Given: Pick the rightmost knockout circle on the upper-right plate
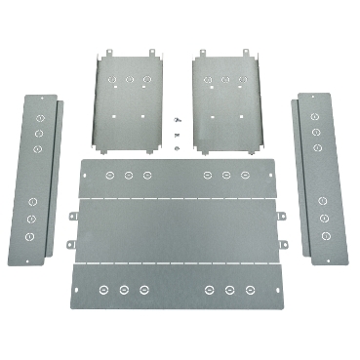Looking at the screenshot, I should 242,77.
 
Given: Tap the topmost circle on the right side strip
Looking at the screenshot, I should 315,117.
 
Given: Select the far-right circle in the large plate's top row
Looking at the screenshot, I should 245,176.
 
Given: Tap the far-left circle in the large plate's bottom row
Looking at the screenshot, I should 103,289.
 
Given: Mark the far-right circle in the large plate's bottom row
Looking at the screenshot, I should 251,289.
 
